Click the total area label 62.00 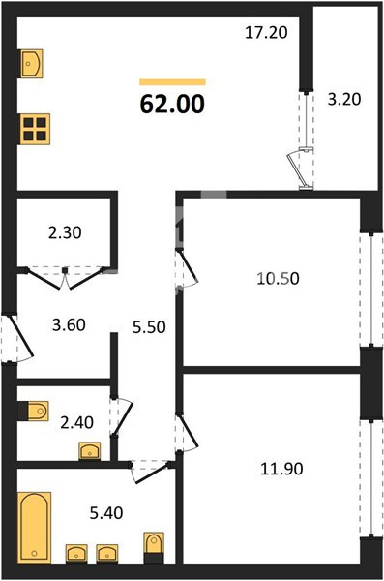click(172, 104)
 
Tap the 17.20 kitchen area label click(266, 33)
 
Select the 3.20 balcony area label click(344, 100)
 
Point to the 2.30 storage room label click(65, 233)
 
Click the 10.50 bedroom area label click(279, 278)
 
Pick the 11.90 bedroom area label click(281, 469)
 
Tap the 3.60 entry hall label click(70, 325)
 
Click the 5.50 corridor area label click(149, 327)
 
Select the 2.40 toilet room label click(77, 422)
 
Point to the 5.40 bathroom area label click(106, 513)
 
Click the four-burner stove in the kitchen click(35, 129)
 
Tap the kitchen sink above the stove click(31, 64)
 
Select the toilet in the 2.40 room click(34, 411)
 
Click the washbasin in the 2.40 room click(90, 451)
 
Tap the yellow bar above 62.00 click(172, 82)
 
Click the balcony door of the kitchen click(306, 140)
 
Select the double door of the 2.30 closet click(65, 276)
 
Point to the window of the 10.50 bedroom click(371, 290)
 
